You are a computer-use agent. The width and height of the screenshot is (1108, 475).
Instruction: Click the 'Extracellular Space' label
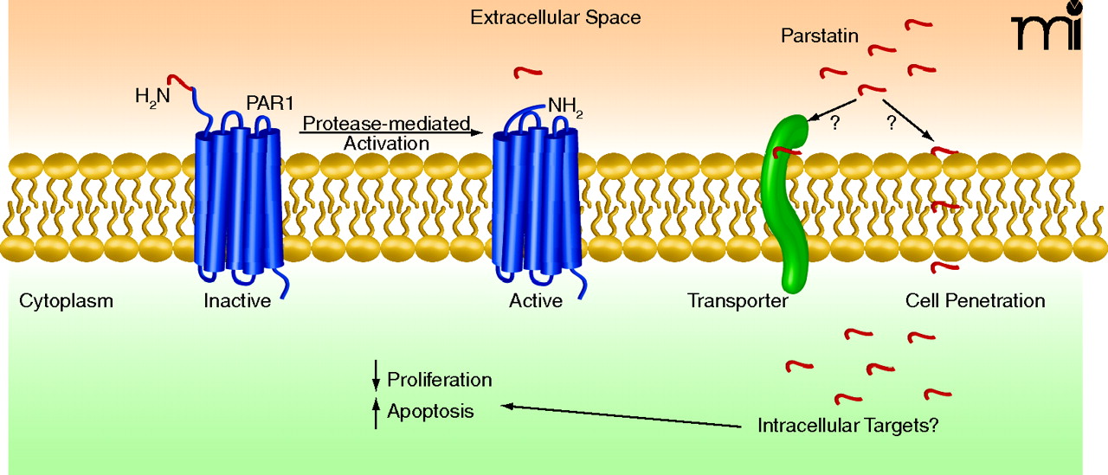(x=555, y=17)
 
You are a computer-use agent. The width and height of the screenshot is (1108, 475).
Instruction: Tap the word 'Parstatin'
(x=819, y=36)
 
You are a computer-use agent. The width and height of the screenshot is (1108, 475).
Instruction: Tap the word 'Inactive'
(x=237, y=301)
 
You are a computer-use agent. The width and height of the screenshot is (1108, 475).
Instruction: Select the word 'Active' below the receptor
(x=536, y=301)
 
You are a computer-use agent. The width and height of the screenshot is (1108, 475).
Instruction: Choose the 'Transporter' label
(x=738, y=301)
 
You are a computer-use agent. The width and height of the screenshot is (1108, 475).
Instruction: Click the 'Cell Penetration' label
(x=975, y=301)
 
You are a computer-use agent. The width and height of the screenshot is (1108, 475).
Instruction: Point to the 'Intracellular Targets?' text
(x=848, y=427)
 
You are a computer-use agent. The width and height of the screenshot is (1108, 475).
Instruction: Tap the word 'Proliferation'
(x=439, y=380)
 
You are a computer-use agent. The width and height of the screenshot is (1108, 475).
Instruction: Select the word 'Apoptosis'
(x=430, y=412)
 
